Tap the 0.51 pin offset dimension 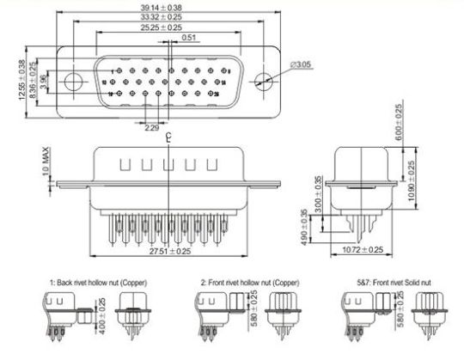pyautogui.click(x=189, y=38)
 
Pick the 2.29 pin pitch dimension pyautogui.click(x=150, y=130)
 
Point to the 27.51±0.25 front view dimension pyautogui.click(x=169, y=252)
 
